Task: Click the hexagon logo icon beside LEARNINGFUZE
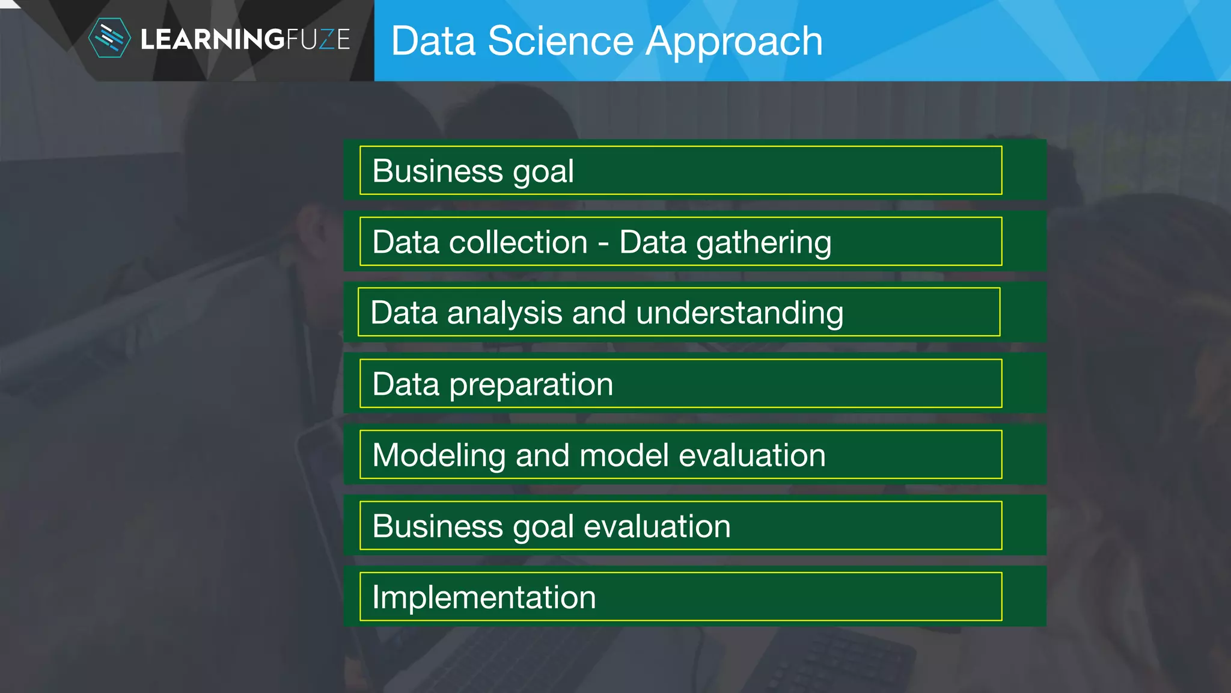pyautogui.click(x=109, y=38)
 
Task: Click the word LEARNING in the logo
pyautogui.click(x=212, y=40)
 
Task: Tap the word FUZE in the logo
pyautogui.click(x=318, y=40)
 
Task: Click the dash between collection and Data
pyautogui.click(x=603, y=244)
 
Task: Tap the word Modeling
pyautogui.click(x=438, y=456)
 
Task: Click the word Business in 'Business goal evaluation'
pyautogui.click(x=437, y=526)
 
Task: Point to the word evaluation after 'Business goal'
pyautogui.click(x=657, y=526)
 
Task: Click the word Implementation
pyautogui.click(x=484, y=597)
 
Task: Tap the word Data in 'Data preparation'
pyautogui.click(x=406, y=384)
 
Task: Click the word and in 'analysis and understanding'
pyautogui.click(x=599, y=313)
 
